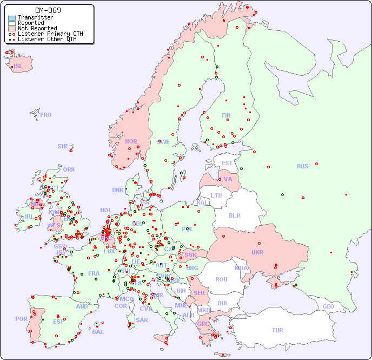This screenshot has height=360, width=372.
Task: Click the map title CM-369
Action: pyautogui.click(x=48, y=10)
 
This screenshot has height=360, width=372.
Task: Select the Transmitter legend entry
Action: pyautogui.click(x=36, y=18)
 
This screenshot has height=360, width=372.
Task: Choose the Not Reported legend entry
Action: pyautogui.click(x=37, y=28)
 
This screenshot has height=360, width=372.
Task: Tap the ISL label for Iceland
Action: pyautogui.click(x=18, y=67)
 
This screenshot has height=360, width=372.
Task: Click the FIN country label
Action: pyautogui.click(x=226, y=115)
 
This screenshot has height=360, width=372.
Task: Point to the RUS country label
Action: pyautogui.click(x=302, y=167)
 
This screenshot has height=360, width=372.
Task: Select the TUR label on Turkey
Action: pyautogui.click(x=277, y=330)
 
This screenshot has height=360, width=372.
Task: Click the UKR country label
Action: pyautogui.click(x=257, y=252)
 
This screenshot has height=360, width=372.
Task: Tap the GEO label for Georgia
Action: pyautogui.click(x=328, y=306)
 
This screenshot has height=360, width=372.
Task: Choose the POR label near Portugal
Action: pyautogui.click(x=21, y=319)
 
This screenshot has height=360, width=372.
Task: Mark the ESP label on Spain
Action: pyautogui.click(x=58, y=321)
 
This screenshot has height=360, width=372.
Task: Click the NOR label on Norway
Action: pyautogui.click(x=131, y=141)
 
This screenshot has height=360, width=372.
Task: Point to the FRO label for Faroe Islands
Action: pyautogui.click(x=46, y=115)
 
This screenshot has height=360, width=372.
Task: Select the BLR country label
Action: pyautogui.click(x=234, y=215)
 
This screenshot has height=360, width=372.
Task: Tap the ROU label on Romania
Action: pyautogui.click(x=221, y=279)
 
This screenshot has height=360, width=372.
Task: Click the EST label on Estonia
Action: pyautogui.click(x=227, y=163)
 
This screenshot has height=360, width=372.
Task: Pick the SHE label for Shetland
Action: pyautogui.click(x=63, y=146)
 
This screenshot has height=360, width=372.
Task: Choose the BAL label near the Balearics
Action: pyautogui.click(x=98, y=332)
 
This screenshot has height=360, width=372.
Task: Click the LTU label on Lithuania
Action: pyautogui.click(x=216, y=195)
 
